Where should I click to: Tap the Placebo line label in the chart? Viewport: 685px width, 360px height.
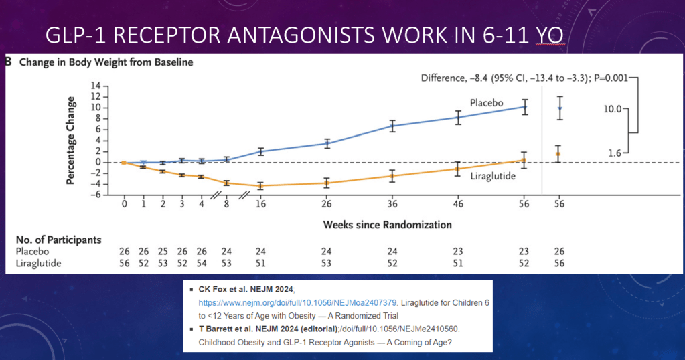tap(485, 104)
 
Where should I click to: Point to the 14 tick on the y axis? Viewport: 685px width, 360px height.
tap(95, 86)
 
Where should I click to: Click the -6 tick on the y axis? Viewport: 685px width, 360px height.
tap(95, 195)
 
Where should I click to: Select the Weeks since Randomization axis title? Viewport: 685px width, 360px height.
tap(387, 224)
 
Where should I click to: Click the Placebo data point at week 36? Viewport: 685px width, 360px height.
tap(392, 126)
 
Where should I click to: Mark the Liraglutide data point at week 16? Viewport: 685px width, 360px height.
tap(260, 185)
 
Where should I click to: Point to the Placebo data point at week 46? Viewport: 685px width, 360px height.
tap(458, 118)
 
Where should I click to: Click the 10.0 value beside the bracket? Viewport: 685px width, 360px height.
tap(613, 108)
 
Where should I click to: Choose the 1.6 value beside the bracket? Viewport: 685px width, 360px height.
tap(615, 153)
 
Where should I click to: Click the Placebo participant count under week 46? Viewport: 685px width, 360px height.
tap(458, 252)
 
